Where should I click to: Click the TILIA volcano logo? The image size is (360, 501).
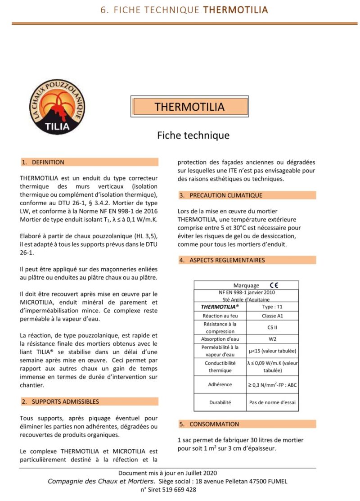[57, 107]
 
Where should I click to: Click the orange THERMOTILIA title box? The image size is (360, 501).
[189, 107]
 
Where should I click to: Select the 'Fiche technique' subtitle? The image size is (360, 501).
[193, 135]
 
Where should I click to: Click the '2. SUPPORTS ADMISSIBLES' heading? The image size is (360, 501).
[65, 402]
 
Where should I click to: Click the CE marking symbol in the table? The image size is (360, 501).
[274, 285]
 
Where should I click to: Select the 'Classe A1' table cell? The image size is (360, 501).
[272, 316]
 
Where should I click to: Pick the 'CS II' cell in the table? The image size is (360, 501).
[272, 328]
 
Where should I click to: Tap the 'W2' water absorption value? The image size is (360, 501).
[272, 339]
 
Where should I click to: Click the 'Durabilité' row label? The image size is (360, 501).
[220, 402]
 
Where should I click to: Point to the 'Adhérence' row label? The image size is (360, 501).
[220, 384]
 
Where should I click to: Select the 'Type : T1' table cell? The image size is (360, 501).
[272, 307]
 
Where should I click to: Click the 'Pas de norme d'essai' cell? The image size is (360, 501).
[272, 402]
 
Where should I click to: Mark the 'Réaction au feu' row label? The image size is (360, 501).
[220, 316]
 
